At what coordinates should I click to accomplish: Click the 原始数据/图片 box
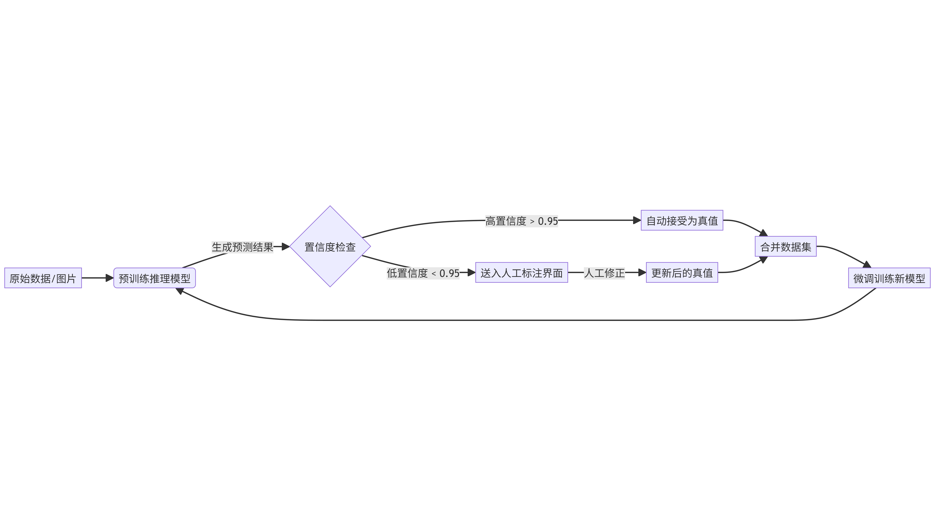[43, 278]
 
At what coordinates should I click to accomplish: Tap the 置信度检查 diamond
[330, 247]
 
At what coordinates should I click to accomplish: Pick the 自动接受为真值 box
[682, 221]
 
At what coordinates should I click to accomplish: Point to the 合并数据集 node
[785, 247]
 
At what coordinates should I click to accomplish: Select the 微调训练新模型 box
[889, 278]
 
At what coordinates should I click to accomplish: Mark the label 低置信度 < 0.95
[423, 273]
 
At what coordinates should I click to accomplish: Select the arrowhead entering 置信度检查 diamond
[285, 247]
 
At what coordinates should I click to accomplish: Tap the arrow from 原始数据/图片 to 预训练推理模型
[97, 278]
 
